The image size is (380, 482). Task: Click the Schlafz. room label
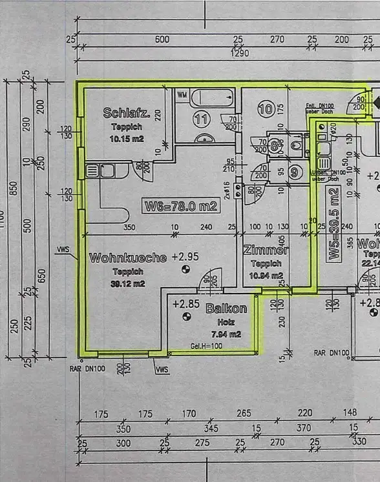pos(127,114)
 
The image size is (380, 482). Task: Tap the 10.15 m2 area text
pos(126,138)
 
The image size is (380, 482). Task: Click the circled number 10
pos(265,108)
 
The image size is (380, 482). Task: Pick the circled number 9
pos(294,172)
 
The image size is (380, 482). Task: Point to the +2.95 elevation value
pos(185,257)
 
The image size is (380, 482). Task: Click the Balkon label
pos(226,308)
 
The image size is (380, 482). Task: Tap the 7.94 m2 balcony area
pos(226,334)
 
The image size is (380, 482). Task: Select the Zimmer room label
pos(266,250)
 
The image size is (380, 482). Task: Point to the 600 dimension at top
pos(163,39)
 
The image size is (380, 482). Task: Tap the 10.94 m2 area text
pos(266,276)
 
